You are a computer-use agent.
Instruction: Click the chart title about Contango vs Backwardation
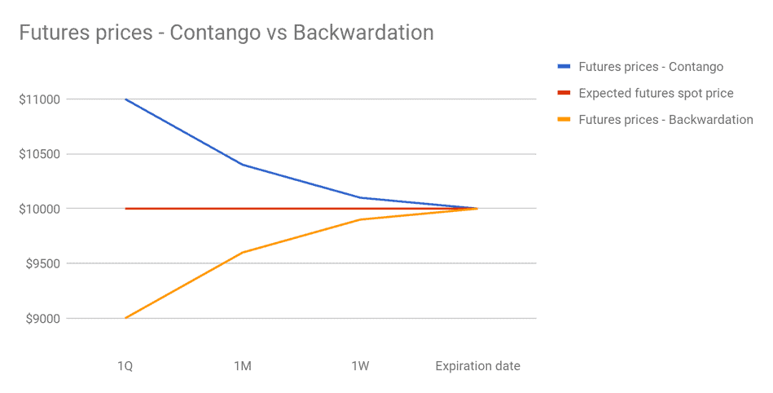[x=226, y=33]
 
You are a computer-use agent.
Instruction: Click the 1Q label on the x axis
[x=125, y=366]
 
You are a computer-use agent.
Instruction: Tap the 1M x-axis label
[x=242, y=366]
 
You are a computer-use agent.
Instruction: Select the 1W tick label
[x=360, y=366]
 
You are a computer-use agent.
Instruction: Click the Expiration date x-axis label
[x=477, y=366]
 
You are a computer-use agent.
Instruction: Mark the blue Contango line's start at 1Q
[x=125, y=99]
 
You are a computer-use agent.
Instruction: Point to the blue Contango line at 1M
[x=242, y=165]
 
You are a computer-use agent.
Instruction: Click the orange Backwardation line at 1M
[x=242, y=253]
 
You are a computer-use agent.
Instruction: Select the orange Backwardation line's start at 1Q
[x=125, y=318]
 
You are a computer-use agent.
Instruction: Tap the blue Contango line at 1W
[x=360, y=197]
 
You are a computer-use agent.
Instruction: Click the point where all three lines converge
[x=477, y=209]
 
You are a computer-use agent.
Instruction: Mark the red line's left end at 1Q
[x=125, y=209]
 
